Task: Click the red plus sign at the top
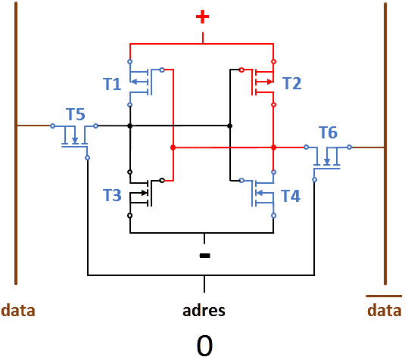(203, 17)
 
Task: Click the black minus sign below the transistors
(205, 255)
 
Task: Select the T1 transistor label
(112, 84)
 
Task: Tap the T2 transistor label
(292, 83)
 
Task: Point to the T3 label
(112, 195)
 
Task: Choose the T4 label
(291, 196)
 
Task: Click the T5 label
(76, 114)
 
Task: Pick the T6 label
(328, 132)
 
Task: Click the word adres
(204, 311)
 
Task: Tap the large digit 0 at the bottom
(204, 346)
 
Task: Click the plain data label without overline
(18, 310)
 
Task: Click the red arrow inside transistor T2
(264, 82)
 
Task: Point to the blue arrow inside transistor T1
(139, 82)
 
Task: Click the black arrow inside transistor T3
(139, 193)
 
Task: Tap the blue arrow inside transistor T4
(265, 193)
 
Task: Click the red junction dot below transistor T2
(273, 147)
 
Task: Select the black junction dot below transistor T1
(130, 126)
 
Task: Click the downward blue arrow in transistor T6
(327, 157)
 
